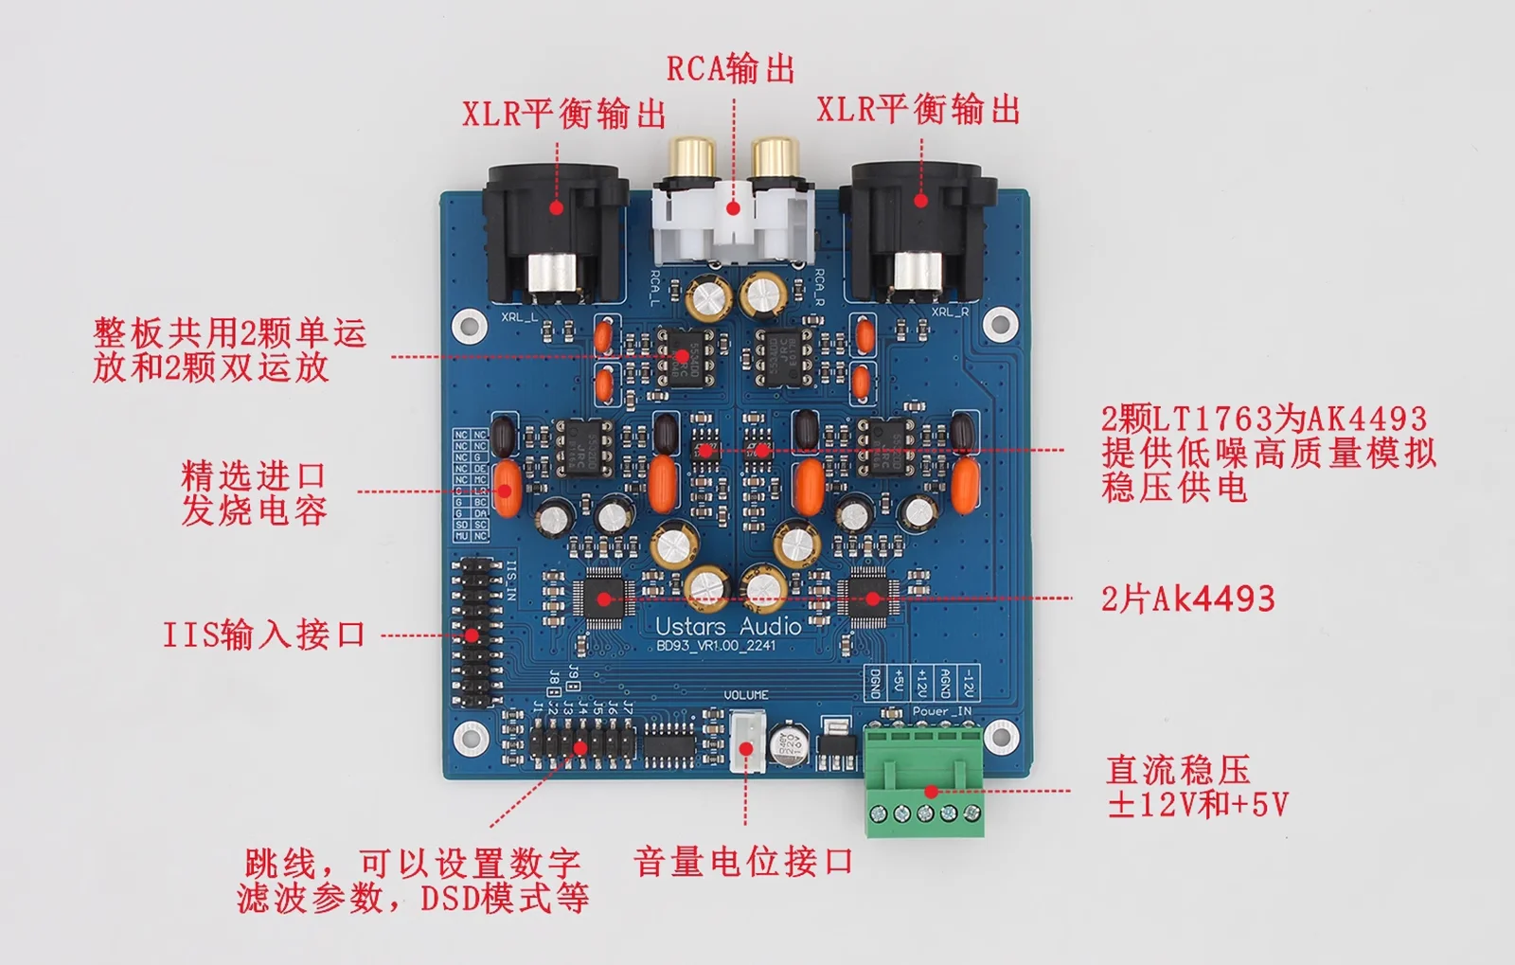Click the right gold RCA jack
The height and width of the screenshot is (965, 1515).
click(774, 159)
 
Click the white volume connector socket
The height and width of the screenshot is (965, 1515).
click(747, 742)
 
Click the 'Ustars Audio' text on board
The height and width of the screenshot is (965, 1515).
click(728, 626)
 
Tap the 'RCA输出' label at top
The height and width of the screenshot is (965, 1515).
click(730, 69)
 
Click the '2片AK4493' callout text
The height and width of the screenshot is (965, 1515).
click(1187, 599)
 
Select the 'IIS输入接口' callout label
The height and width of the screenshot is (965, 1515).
click(264, 634)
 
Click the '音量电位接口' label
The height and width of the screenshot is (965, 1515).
click(743, 862)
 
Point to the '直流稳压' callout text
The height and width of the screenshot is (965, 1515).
click(1178, 769)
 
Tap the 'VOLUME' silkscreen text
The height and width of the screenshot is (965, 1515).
click(746, 695)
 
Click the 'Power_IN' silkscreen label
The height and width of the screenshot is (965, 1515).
click(941, 711)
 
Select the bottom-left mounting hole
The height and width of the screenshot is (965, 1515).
click(468, 737)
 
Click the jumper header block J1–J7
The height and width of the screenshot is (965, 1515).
click(580, 742)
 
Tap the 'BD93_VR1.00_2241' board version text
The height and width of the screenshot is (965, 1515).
click(716, 646)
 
